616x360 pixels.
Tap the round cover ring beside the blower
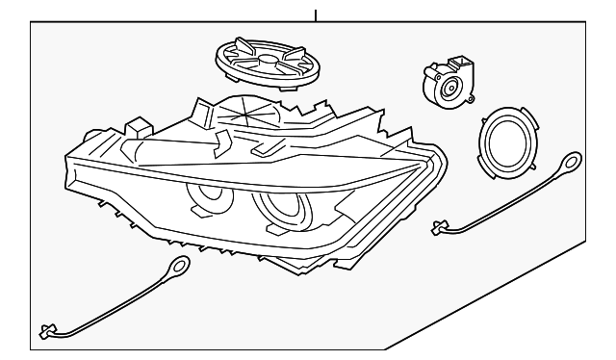pos(506,138)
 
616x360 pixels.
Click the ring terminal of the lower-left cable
pos(179,269)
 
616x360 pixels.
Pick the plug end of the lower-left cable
pos(49,330)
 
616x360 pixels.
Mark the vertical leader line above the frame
pos(316,11)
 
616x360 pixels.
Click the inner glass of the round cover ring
pos(507,140)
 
